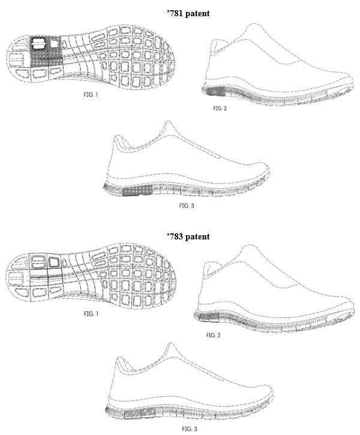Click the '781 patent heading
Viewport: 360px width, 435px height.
(188, 13)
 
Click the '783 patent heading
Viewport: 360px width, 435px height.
(188, 236)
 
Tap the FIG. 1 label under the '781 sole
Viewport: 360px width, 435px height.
(91, 95)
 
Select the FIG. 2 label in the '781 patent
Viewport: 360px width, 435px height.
(220, 109)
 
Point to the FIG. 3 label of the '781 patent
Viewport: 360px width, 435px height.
(187, 206)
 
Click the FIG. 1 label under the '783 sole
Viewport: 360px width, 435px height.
(91, 314)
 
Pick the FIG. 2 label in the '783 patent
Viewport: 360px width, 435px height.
(213, 335)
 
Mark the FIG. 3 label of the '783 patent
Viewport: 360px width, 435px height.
(190, 429)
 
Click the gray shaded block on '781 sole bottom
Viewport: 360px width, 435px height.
(45, 52)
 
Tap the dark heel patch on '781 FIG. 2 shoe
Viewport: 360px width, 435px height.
(217, 91)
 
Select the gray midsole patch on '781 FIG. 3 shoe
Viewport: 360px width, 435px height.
(137, 191)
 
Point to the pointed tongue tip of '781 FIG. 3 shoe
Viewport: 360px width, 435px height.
(167, 122)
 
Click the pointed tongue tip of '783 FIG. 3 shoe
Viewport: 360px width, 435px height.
(171, 344)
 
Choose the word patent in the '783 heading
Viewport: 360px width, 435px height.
(198, 236)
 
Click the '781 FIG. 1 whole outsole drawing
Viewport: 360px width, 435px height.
(91, 57)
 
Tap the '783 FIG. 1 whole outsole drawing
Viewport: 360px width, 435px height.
(91, 277)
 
